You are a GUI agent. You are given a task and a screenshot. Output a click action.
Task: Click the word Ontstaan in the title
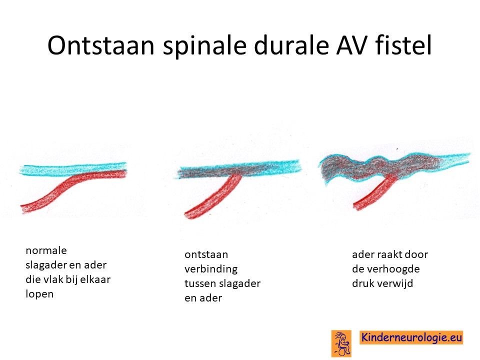pyautogui.click(x=100, y=45)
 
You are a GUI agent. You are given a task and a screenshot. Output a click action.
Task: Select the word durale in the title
pyautogui.click(x=291, y=45)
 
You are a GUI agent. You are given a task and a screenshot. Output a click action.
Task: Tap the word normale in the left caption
pyautogui.click(x=46, y=250)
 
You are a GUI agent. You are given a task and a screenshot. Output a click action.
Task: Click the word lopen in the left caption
pyautogui.click(x=39, y=294)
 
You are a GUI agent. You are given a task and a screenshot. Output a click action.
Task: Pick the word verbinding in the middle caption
pyautogui.click(x=211, y=269)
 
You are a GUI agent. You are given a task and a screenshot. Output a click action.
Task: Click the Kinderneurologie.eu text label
pyautogui.click(x=411, y=337)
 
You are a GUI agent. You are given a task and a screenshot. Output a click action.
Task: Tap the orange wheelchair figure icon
pyautogui.click(x=341, y=343)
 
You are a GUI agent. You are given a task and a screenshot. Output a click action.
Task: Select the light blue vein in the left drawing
pyautogui.click(x=73, y=169)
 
